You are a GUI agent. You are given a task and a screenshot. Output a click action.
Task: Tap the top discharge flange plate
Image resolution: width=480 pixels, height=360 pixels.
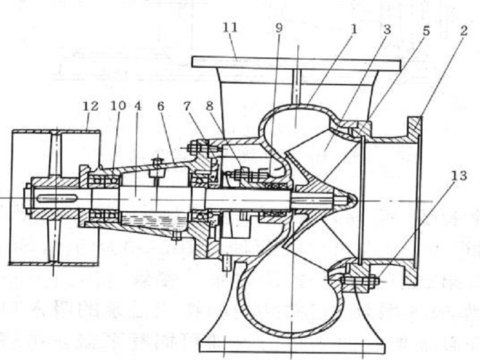pos(295,62)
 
